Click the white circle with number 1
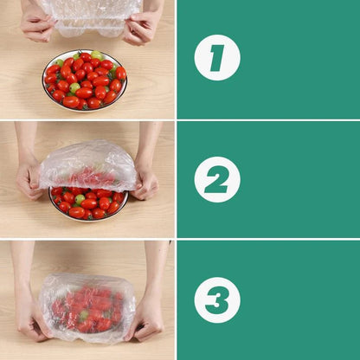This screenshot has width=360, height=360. pos(217,58)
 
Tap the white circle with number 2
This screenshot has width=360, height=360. pos(217,179)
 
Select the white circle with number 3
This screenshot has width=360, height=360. pos(217,300)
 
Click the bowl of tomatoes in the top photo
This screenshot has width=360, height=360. pos(84,80)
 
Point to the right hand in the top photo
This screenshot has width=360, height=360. pos(139,29)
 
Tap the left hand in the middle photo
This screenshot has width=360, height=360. pos(30,178)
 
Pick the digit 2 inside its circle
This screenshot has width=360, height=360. pos(217,179)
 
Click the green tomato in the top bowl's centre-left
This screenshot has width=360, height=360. pos(74,87)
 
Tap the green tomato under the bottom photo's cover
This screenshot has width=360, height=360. pos(84,317)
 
